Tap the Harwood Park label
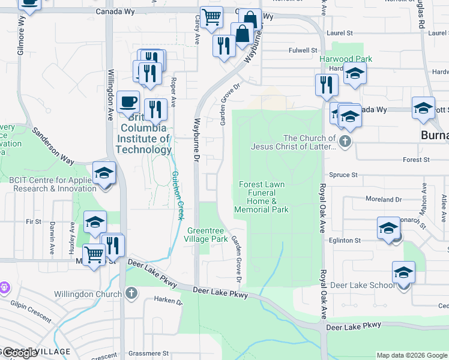[346, 59]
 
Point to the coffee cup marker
[128, 102]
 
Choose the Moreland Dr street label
[384, 199]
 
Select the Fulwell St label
[303, 50]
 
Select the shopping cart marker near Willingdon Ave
[94, 256]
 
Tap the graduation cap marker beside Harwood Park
[355, 74]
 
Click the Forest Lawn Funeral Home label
[262, 197]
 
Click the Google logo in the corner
[20, 353]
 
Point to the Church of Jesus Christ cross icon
[345, 142]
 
